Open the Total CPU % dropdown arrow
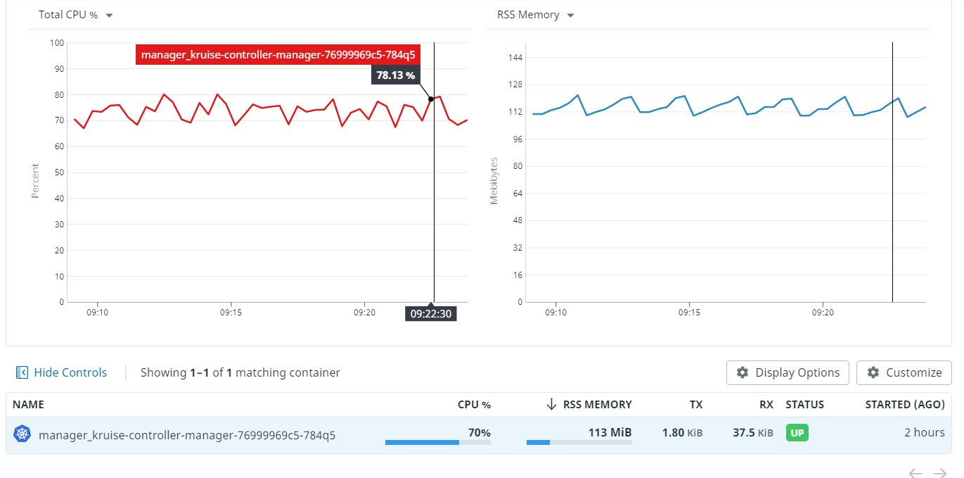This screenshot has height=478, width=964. [x=109, y=15]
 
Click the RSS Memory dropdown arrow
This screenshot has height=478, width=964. [x=570, y=15]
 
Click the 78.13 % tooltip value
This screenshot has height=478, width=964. [x=395, y=75]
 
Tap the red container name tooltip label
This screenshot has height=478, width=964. [x=278, y=54]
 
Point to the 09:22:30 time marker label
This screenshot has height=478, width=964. [x=431, y=314]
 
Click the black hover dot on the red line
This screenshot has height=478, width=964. [x=431, y=99]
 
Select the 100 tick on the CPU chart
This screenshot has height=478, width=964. [x=58, y=43]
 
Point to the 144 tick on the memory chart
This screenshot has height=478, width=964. [x=515, y=57]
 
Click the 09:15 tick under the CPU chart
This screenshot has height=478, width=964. [x=231, y=312]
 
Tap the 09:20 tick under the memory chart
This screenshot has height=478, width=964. [x=823, y=312]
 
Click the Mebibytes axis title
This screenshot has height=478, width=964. [x=494, y=182]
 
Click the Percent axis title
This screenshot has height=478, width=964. [x=35, y=182]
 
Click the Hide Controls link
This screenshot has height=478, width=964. [x=62, y=372]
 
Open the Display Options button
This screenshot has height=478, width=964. [x=788, y=372]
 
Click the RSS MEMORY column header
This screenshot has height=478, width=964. [x=597, y=405]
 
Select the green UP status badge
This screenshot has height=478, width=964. [x=797, y=433]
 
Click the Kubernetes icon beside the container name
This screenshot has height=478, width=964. [x=23, y=434]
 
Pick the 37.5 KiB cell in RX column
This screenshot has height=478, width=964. [x=752, y=433]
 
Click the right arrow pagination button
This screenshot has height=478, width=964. [x=939, y=473]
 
